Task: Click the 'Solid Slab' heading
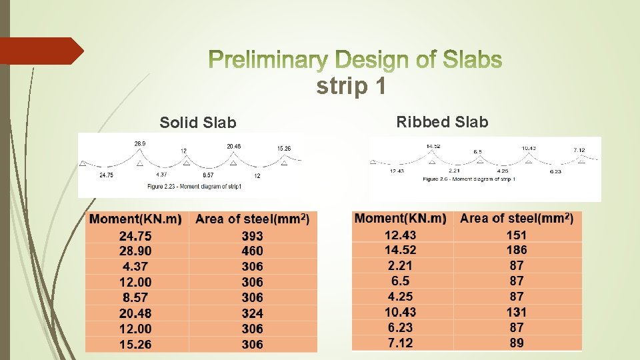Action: click(197, 123)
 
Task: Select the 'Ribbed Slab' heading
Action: click(442, 122)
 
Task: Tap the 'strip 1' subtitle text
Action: click(351, 87)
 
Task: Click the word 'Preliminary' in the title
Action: click(266, 61)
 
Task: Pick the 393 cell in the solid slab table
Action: click(252, 236)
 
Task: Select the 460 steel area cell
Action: click(252, 251)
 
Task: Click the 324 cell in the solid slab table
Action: click(252, 313)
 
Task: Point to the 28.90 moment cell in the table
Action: click(135, 251)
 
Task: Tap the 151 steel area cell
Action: click(516, 235)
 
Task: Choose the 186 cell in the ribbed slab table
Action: click(516, 250)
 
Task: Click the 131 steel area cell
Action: click(516, 311)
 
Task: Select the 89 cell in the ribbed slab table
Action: click(516, 343)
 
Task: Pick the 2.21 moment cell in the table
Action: click(400, 265)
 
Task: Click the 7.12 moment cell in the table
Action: click(400, 343)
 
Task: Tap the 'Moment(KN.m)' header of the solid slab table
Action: click(135, 219)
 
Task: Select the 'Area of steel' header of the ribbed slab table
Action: click(516, 218)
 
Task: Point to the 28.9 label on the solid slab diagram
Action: click(140, 143)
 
